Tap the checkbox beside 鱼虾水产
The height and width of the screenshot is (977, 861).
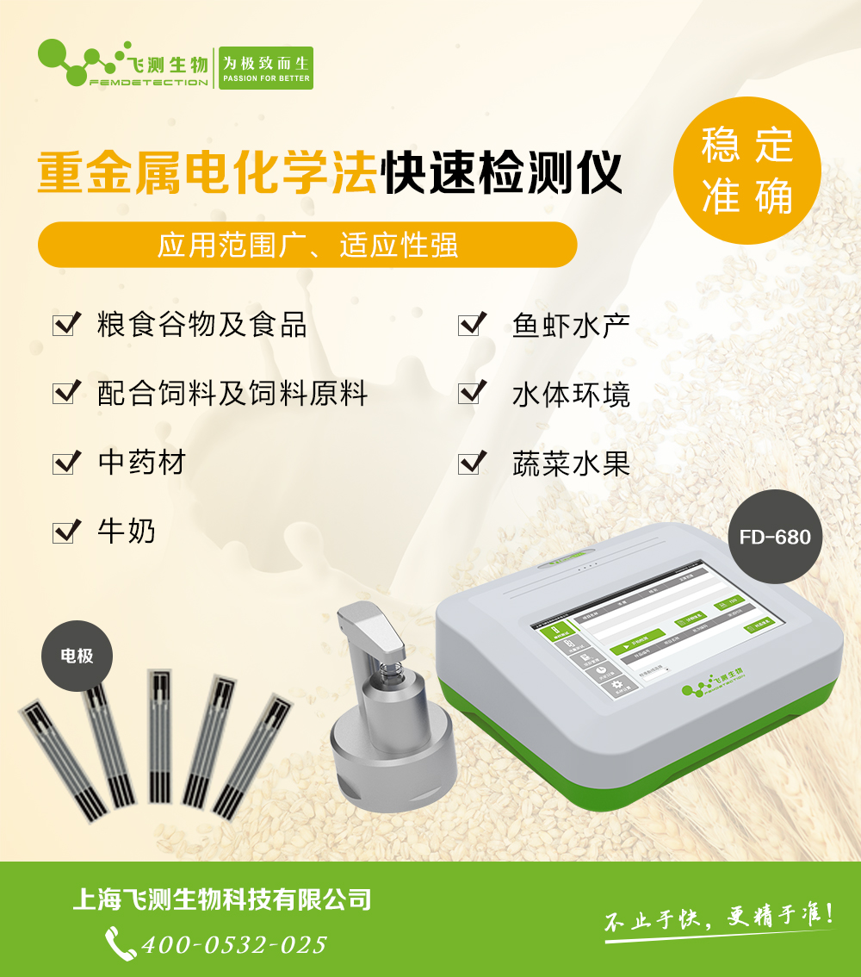click(471, 325)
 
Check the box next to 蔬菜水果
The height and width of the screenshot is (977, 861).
click(471, 463)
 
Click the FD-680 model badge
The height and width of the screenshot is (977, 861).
click(774, 537)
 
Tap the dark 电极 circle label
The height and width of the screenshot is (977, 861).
click(77, 656)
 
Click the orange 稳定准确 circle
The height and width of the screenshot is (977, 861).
click(746, 171)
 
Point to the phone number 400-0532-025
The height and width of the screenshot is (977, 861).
click(234, 944)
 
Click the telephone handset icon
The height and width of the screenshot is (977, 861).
click(120, 943)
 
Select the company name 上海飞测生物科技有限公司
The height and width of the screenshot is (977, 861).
click(222, 900)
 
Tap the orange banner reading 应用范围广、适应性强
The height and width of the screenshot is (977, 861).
click(307, 246)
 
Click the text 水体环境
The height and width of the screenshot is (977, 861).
click(571, 395)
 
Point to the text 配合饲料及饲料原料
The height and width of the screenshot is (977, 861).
click(232, 394)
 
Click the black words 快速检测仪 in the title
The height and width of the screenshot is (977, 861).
click(502, 174)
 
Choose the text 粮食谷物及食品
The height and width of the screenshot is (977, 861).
click(202, 325)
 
